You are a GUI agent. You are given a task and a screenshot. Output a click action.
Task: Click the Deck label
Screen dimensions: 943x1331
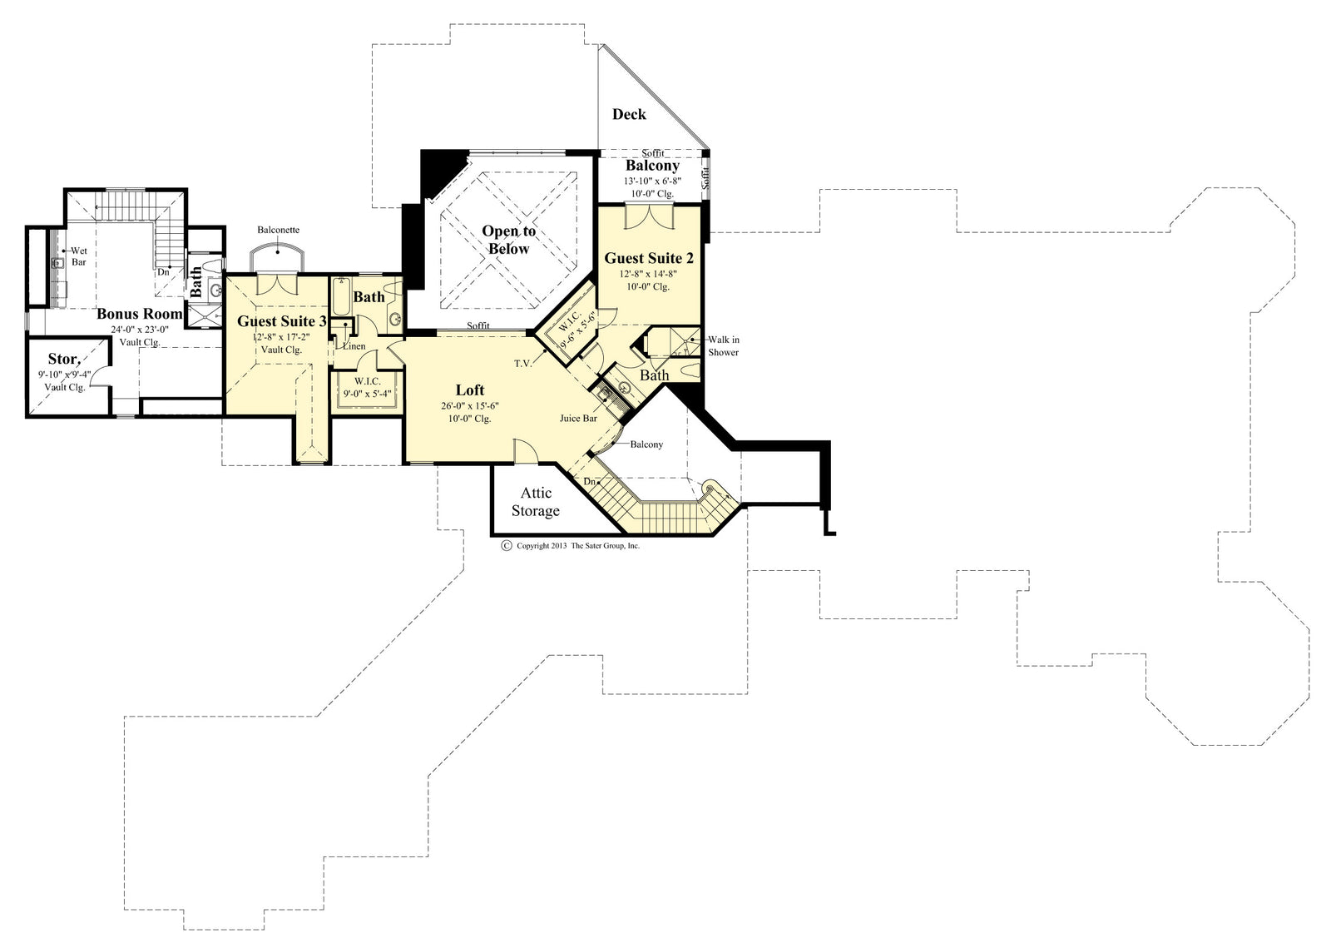629,114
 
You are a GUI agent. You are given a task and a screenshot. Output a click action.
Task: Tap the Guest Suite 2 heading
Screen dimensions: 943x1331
649,258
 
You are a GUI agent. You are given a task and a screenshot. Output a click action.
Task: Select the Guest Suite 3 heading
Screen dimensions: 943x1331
276,321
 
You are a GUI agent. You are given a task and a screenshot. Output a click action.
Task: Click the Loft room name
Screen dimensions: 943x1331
470,390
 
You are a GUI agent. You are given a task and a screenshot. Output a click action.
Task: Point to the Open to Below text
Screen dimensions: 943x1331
509,240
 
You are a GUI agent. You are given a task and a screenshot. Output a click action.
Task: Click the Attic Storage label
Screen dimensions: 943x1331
535,502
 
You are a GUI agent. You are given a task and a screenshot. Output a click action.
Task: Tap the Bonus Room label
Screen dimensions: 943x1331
139,314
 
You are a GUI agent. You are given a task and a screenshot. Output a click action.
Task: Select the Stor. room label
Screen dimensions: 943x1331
63,359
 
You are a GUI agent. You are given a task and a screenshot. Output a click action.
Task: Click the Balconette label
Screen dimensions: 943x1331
278,230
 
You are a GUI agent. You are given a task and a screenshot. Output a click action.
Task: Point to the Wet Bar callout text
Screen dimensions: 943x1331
79,256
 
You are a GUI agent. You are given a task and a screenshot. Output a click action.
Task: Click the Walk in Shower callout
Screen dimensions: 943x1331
723,345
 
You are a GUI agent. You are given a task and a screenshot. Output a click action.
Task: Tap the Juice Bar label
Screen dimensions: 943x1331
578,419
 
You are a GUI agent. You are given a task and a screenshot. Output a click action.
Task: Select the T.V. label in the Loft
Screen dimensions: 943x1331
522,363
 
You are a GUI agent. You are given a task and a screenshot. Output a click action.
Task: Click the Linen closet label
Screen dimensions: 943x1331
354,346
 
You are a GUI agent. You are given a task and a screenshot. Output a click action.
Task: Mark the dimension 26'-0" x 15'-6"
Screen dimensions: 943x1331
470,406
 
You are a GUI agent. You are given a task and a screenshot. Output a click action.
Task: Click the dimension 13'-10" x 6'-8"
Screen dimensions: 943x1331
653,181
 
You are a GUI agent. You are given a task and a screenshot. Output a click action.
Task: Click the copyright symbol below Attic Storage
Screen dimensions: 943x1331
505,546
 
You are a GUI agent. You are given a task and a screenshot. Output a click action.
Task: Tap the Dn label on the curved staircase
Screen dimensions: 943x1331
589,482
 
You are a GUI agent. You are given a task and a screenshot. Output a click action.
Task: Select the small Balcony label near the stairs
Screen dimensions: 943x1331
646,444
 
